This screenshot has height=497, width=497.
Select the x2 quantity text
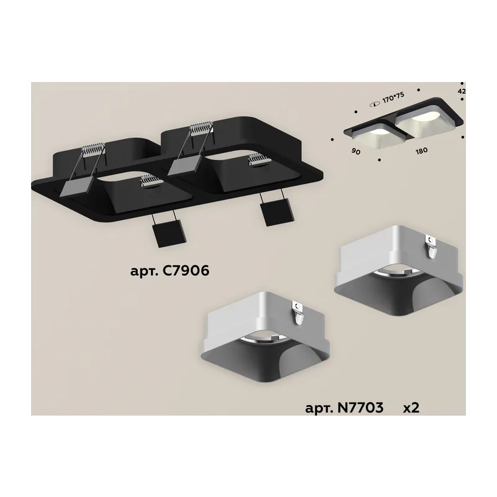click(x=411, y=408)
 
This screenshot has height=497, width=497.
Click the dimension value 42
click(x=462, y=91)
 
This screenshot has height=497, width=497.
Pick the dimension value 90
click(x=356, y=152)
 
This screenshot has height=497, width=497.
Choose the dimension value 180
click(x=422, y=150)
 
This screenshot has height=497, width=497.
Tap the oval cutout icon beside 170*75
click(x=375, y=104)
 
